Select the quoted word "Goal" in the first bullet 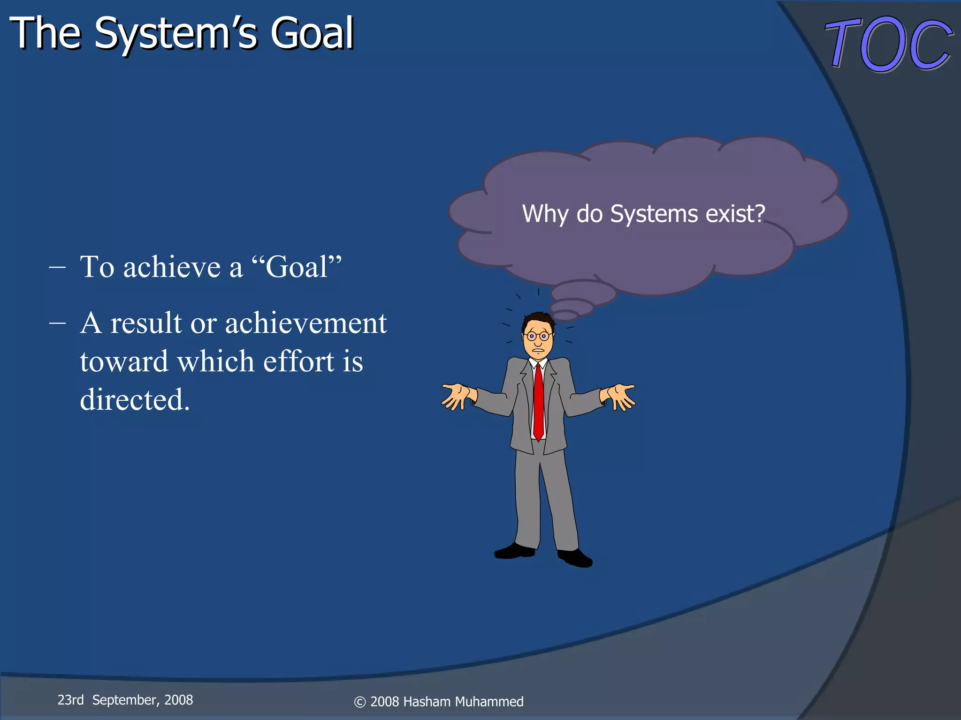(x=297, y=267)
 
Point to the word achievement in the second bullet (x=306, y=323)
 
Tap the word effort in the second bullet (x=298, y=361)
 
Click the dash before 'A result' (x=57, y=323)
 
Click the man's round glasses (x=537, y=336)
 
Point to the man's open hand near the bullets (x=455, y=395)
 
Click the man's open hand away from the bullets (x=621, y=395)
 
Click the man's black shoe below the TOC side (x=575, y=558)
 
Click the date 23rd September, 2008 (x=125, y=700)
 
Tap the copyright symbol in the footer (x=359, y=702)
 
